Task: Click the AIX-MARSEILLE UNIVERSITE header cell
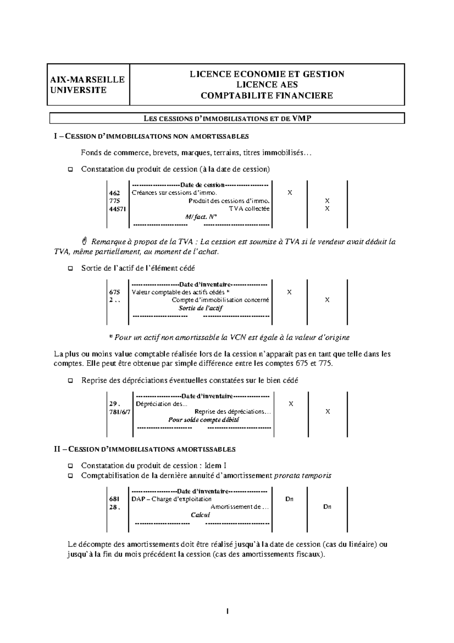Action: pos(88,84)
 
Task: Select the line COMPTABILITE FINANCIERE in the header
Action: pos(267,95)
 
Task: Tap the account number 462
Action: pos(114,193)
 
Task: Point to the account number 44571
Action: pos(117,209)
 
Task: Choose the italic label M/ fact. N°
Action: pos(201,217)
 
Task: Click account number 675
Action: pos(114,292)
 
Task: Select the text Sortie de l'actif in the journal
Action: pos(200,308)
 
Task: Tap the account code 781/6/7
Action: pos(120,412)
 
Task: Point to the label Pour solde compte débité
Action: pos(204,420)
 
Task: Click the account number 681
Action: pos(114,499)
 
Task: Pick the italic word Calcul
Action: pos(200,515)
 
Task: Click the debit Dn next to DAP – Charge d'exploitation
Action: pos(289,499)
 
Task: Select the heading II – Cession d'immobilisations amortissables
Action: pos(145,449)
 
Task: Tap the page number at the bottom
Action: pos(227,611)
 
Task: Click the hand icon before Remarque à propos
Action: pos(85,241)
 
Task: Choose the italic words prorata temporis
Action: pos(302,476)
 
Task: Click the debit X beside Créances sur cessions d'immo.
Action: pos(290,193)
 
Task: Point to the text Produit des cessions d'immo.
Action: pos(229,201)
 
